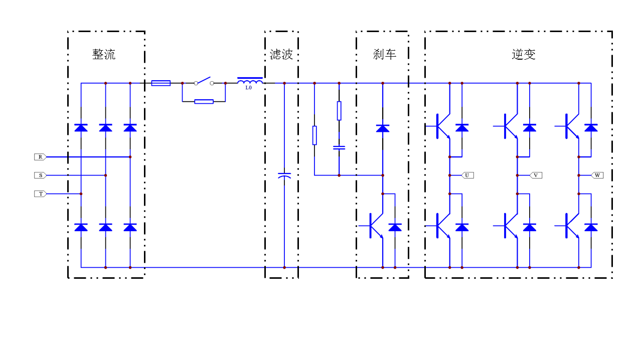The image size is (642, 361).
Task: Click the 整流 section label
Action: [104, 54]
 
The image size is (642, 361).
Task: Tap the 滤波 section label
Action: [281, 54]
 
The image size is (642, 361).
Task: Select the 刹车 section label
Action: [385, 54]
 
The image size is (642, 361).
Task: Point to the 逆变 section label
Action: [524, 54]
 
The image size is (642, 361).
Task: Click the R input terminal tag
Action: [40, 157]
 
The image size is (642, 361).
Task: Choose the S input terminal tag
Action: [40, 175]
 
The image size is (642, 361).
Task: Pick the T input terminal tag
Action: [40, 194]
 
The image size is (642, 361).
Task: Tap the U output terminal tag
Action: [467, 175]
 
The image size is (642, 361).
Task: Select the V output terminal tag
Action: [536, 175]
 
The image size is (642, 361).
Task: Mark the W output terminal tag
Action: [597, 175]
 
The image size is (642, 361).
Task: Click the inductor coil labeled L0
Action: [250, 81]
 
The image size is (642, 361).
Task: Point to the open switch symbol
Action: [204, 82]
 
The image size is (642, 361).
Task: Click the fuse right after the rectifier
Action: [161, 83]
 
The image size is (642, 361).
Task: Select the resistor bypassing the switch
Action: [204, 102]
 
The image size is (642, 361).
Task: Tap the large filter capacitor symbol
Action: [284, 175]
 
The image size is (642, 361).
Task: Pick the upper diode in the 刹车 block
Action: [383, 128]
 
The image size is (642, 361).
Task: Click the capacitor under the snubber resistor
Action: [339, 147]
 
